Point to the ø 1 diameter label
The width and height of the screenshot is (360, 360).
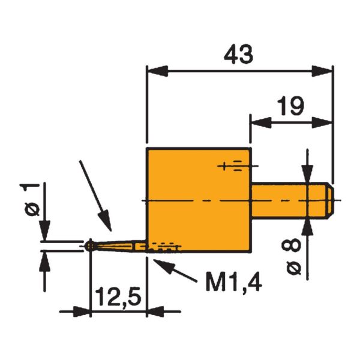(34, 201)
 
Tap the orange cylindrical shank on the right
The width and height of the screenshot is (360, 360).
(291, 199)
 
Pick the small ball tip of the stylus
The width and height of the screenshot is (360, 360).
(89, 245)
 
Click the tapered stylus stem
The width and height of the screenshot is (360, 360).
(117, 245)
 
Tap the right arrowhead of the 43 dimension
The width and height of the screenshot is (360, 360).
(326, 72)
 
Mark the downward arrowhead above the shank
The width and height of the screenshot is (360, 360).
(307, 177)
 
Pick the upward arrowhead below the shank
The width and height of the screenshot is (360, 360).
(307, 223)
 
